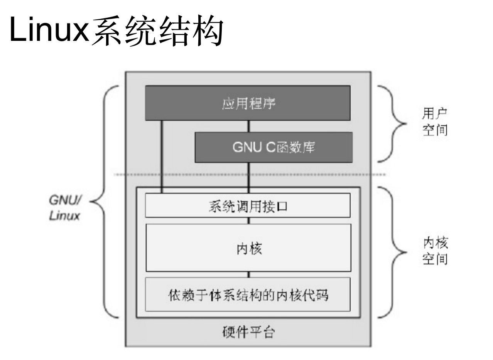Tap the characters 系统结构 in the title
pyautogui.click(x=157, y=31)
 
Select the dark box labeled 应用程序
pyautogui.click(x=248, y=103)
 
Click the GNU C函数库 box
pyautogui.click(x=274, y=147)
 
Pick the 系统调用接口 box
pyautogui.click(x=248, y=206)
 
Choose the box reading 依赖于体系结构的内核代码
pyautogui.click(x=248, y=294)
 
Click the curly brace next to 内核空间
pyautogui.click(x=393, y=253)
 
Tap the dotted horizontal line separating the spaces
pyautogui.click(x=248, y=175)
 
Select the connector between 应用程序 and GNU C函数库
pyautogui.click(x=248, y=126)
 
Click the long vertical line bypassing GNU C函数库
pyautogui.click(x=162, y=154)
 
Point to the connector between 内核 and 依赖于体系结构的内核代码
pyautogui.click(x=248, y=274)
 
